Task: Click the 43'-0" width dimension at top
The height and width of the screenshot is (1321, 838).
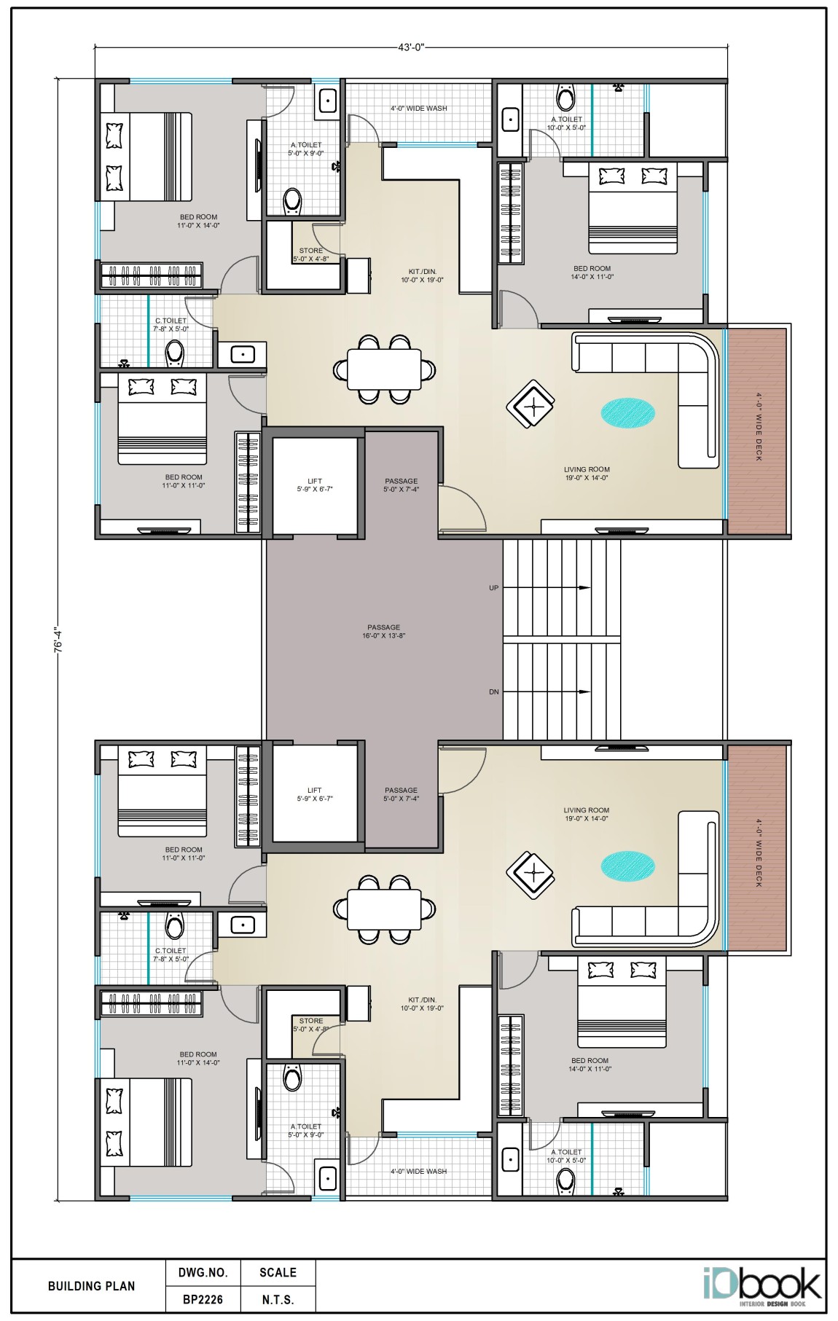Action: click(410, 47)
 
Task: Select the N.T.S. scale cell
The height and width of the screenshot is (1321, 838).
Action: click(278, 1299)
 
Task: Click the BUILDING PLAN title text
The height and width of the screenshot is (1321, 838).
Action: click(91, 1286)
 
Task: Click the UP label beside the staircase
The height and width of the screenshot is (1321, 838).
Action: click(494, 587)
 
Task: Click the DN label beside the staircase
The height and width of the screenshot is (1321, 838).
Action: click(494, 691)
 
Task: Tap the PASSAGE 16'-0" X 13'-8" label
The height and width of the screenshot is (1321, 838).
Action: click(383, 631)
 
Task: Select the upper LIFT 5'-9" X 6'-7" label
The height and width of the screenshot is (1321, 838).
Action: click(315, 485)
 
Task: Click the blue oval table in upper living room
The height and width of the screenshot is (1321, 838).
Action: click(627, 413)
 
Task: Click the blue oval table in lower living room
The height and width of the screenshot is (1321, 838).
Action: click(627, 866)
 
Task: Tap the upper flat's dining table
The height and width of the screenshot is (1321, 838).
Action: click(384, 369)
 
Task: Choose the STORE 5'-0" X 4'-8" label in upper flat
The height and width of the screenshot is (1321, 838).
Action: click(311, 254)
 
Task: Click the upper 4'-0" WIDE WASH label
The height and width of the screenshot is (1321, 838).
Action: click(419, 109)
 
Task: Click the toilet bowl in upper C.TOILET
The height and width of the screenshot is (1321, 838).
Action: click(175, 353)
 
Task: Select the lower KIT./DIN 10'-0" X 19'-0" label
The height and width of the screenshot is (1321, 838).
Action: click(422, 1004)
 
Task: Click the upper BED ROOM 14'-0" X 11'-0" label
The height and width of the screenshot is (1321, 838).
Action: click(592, 273)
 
